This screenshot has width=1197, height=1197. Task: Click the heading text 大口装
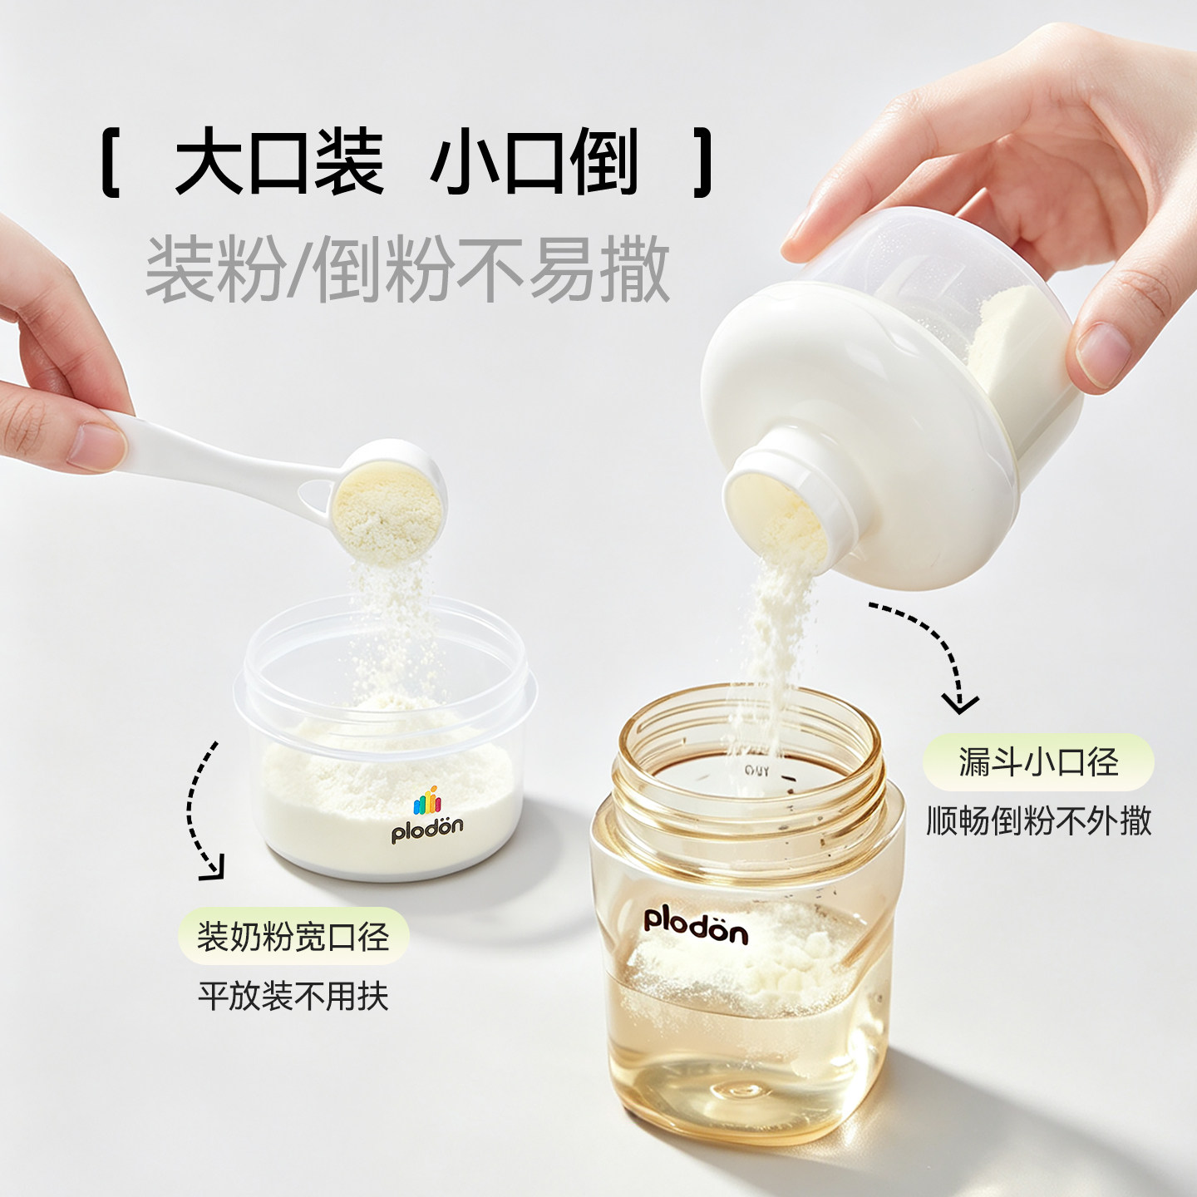pos(279,162)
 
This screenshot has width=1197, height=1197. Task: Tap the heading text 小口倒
pos(534,162)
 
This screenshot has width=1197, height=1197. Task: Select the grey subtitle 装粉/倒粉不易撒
pos(407,269)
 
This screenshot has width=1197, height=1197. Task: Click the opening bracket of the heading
pos(110,163)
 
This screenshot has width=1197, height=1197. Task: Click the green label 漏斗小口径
pos(1038,762)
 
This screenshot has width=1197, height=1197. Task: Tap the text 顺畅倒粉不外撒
pos(1038,821)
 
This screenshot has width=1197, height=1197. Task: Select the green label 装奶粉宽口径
pos(293,936)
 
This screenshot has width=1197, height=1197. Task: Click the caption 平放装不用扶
pos(293,997)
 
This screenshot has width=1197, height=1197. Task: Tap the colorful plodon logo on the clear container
pos(426,815)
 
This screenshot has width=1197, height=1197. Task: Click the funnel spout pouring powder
pos(784,503)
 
